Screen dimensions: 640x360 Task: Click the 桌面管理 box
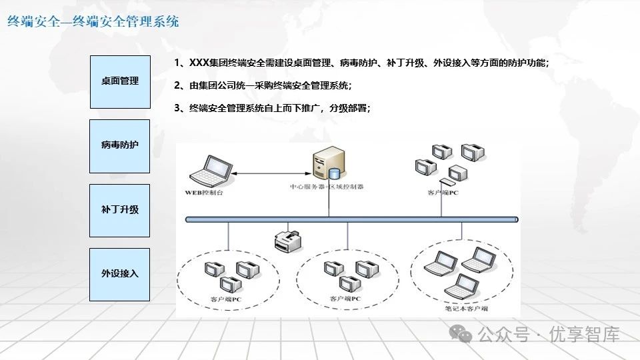(120, 81)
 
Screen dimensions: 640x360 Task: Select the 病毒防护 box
(120, 145)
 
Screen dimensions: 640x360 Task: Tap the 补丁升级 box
(120, 210)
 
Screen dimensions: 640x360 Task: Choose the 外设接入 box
(120, 274)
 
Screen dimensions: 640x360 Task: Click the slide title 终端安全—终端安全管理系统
(93, 22)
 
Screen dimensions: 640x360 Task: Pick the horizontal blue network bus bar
(351, 219)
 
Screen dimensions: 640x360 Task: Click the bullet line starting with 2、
(262, 85)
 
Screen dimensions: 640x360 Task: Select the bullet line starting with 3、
(271, 107)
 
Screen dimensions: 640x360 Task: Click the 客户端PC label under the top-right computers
(443, 193)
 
